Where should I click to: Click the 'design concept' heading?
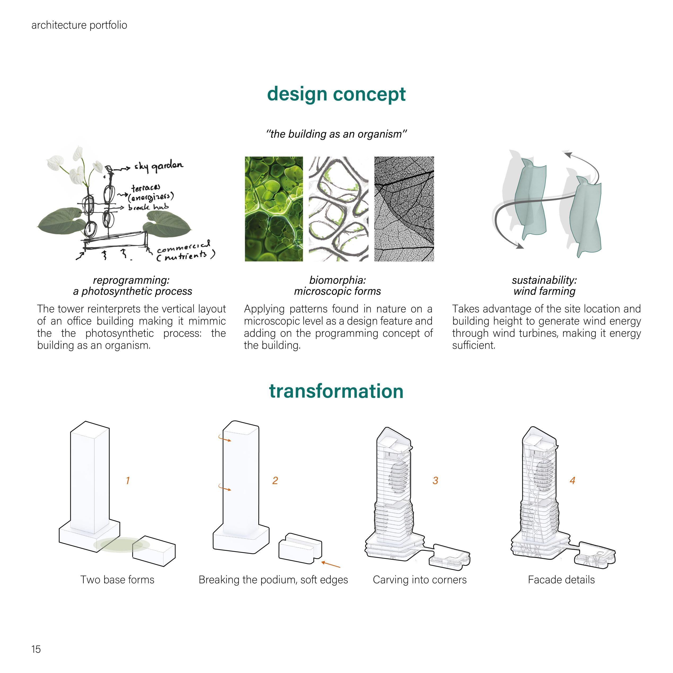[336, 94]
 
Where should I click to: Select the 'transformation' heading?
[336, 391]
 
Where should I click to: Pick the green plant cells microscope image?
[274, 209]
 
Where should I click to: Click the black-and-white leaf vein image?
[404, 209]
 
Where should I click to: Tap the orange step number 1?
[128, 481]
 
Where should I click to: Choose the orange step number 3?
[435, 481]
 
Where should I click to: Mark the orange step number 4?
[572, 481]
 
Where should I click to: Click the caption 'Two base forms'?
[117, 580]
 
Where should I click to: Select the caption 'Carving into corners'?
[419, 580]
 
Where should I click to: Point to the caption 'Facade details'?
[561, 580]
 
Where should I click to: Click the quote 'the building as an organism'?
[336, 134]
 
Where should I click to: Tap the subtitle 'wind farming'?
[544, 291]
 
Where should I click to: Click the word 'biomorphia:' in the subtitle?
[337, 280]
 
